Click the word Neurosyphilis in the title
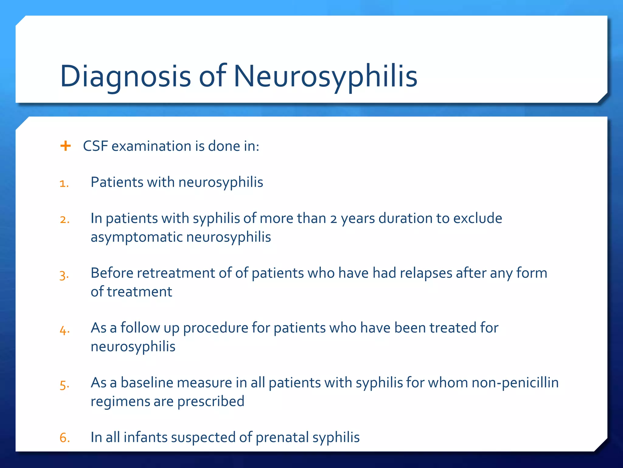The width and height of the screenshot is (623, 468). (325, 76)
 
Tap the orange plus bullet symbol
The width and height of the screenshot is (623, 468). (65, 146)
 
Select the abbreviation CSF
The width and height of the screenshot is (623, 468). (96, 146)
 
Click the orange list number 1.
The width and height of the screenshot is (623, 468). (64, 183)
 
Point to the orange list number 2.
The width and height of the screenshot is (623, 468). (64, 220)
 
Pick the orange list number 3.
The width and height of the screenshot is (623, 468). (64, 275)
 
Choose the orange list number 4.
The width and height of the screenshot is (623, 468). (64, 330)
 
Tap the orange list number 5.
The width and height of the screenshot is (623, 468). (64, 385)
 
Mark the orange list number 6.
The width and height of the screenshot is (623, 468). (64, 438)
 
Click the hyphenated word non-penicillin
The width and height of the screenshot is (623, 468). (515, 383)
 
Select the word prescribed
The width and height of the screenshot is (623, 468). (211, 401)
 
